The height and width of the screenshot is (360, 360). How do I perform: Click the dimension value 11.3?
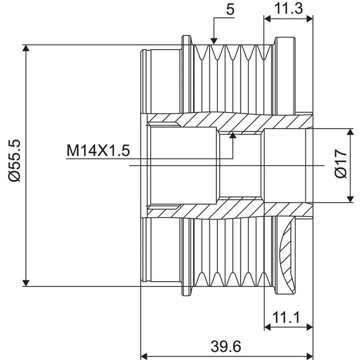(288, 9)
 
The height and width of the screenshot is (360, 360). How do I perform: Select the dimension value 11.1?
(286, 317)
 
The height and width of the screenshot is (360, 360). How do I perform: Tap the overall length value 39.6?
(226, 346)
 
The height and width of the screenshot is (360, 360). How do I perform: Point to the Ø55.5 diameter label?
(15, 161)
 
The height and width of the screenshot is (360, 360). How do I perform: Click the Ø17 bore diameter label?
(341, 163)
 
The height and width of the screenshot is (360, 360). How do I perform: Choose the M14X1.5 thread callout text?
(98, 150)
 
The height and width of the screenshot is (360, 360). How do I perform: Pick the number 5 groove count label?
(230, 9)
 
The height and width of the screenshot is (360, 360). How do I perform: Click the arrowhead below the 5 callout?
(214, 41)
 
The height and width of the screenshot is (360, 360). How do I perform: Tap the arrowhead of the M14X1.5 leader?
(233, 135)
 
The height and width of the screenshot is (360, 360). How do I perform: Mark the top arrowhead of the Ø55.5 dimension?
(26, 48)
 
